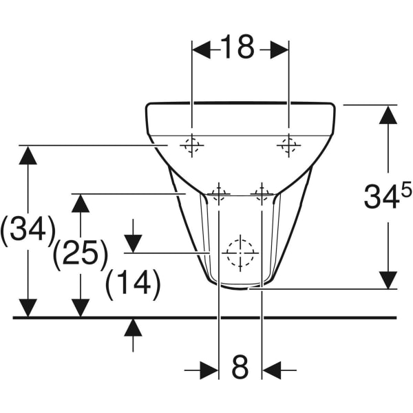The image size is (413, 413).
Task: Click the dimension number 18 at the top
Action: (237, 47)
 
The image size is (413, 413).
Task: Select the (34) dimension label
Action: (28, 229)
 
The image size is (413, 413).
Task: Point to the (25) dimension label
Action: (81, 255)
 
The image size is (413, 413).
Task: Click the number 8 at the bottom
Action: (240, 368)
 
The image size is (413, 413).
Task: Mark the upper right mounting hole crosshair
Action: (288, 145)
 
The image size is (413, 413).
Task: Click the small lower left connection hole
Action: (219, 194)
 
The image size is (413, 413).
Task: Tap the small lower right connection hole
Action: (262, 194)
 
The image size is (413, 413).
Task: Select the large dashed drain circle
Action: (240, 253)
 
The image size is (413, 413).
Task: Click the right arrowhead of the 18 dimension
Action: (279, 49)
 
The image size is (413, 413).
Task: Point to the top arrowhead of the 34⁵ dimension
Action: (388, 114)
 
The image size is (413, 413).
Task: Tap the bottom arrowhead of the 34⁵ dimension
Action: (388, 279)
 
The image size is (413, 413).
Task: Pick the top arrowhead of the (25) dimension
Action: (81, 203)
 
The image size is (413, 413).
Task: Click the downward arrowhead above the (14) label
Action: (133, 243)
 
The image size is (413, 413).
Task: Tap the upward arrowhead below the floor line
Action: (133, 327)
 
